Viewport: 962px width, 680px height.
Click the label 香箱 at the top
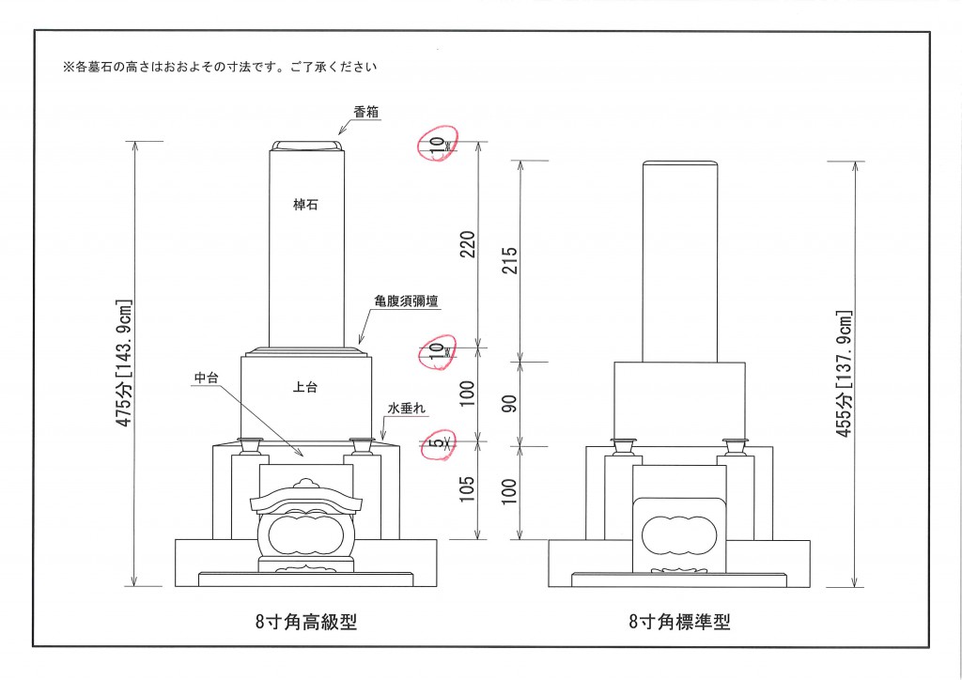click(366, 111)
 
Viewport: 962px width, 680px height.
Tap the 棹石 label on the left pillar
click(305, 205)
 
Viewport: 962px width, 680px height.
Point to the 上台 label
click(305, 386)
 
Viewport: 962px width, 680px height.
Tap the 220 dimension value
click(468, 244)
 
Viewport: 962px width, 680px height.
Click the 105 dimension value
click(468, 489)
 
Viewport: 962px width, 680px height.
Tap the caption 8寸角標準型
click(679, 621)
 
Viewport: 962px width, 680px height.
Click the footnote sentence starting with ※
click(219, 68)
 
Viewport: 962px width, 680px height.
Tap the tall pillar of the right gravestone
click(680, 260)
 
